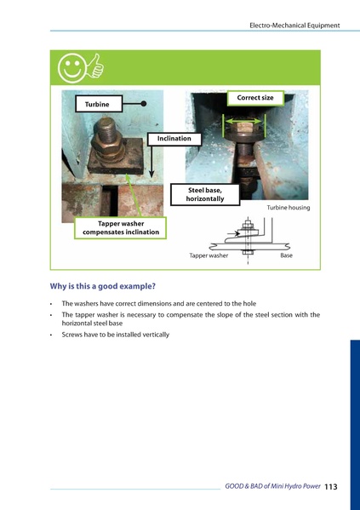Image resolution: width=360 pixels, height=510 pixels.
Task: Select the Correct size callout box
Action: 254,98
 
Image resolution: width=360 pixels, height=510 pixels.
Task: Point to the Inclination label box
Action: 174,138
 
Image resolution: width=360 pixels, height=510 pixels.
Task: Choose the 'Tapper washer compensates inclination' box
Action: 120,227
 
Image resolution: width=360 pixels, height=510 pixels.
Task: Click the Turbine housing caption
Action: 289,208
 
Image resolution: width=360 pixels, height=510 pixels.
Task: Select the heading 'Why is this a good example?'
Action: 103,287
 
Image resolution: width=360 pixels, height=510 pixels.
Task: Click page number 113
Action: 331,486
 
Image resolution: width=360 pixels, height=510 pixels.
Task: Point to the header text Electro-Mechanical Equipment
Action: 294,26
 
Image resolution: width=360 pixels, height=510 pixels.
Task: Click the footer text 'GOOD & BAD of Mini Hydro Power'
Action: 272,486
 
